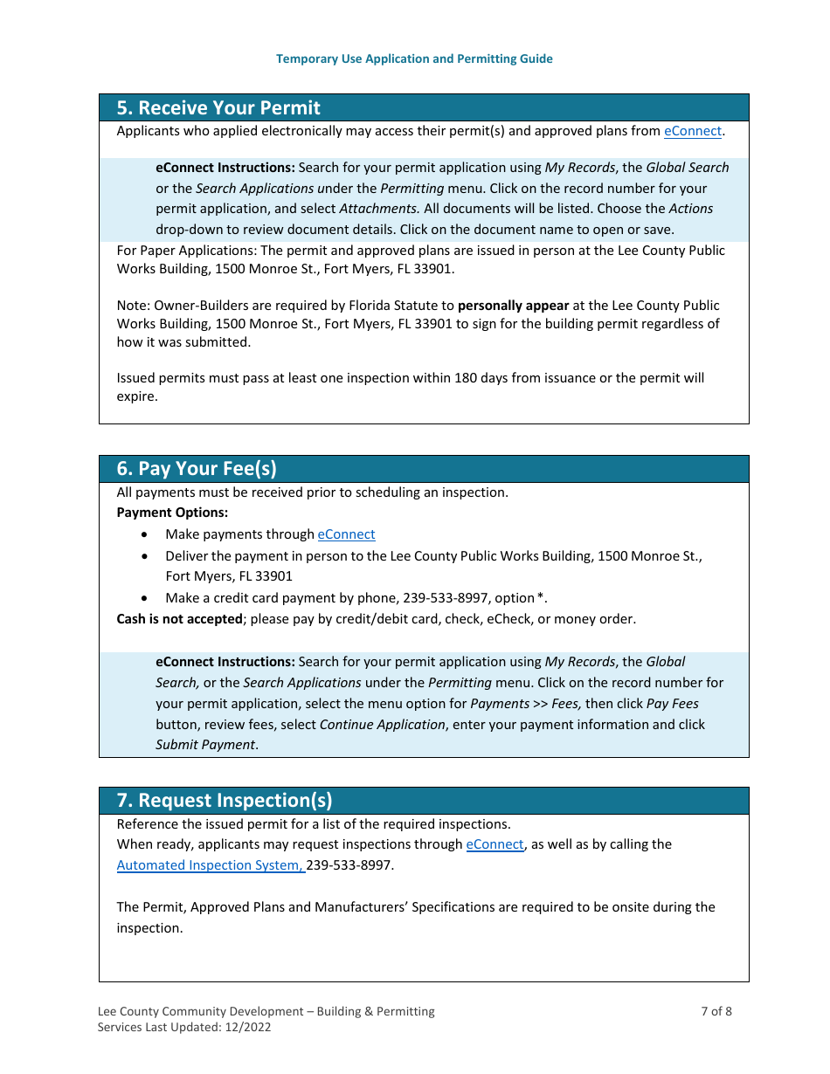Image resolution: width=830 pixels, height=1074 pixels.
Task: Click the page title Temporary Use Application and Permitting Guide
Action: [x=414, y=59]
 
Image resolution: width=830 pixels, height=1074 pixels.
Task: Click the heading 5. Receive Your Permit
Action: [x=218, y=107]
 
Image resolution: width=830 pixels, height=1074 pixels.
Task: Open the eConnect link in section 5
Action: [x=692, y=131]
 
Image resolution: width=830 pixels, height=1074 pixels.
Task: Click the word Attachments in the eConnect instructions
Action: [x=378, y=209]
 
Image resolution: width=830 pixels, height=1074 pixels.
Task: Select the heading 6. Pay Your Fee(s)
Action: [x=197, y=468]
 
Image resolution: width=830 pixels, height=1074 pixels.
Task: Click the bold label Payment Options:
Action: [x=172, y=513]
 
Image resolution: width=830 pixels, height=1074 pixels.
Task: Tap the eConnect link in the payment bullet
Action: [x=346, y=534]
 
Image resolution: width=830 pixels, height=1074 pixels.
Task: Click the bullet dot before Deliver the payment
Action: [x=145, y=556]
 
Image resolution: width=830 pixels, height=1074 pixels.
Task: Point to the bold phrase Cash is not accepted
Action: [x=179, y=619]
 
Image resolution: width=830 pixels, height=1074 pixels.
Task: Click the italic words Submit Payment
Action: [x=205, y=745]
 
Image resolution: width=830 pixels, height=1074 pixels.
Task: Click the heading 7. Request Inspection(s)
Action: [x=224, y=800]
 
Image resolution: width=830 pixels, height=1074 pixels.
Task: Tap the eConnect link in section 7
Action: [x=495, y=844]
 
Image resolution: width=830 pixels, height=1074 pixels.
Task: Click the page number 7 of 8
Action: [x=716, y=1011]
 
